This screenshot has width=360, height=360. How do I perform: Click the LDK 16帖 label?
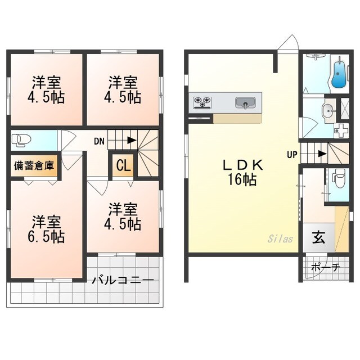coord(242,172)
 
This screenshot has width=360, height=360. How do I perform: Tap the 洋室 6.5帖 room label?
coord(46,229)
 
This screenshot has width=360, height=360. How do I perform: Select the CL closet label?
coord(124,165)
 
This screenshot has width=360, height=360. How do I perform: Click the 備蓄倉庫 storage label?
coord(34,165)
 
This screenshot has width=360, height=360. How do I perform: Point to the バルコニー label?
coord(123,280)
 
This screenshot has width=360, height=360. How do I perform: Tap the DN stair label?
coord(99,141)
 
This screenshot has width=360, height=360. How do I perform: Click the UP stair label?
coord(292,155)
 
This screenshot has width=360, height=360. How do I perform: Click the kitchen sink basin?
coord(245,103)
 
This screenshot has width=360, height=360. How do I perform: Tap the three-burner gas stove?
coord(202,102)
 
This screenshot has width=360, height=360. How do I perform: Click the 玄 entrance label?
coord(319,237)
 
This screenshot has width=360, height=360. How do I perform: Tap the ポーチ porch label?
coord(326,267)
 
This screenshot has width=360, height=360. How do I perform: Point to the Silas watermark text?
coord(280,238)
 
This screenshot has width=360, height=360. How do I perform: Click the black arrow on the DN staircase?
coord(132,140)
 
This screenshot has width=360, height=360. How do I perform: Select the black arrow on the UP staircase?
coord(322,154)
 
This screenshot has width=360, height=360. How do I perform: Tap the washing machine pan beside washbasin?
coord(341,130)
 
